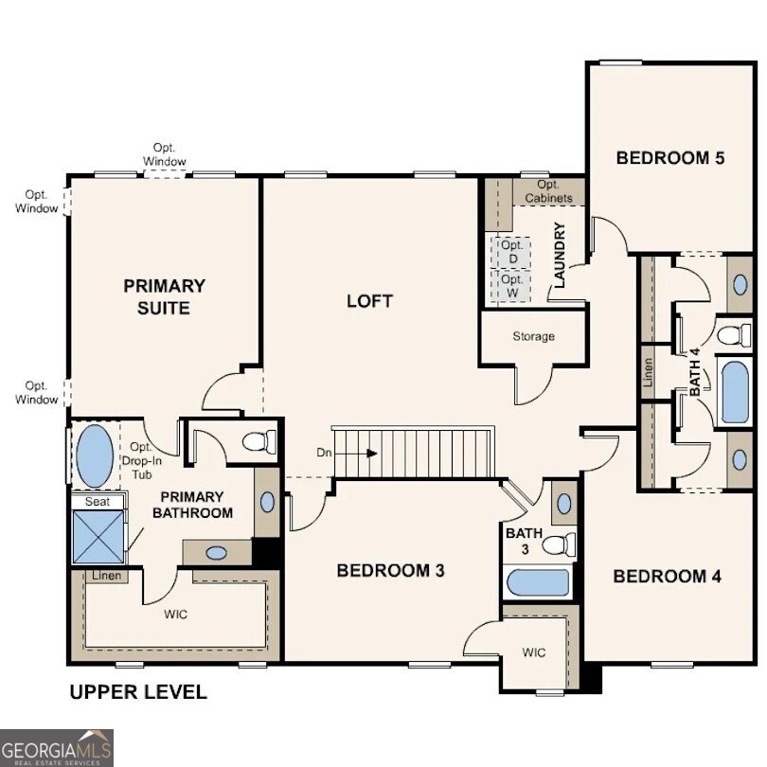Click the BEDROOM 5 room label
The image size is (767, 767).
(x=669, y=158)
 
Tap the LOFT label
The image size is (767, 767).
(x=369, y=301)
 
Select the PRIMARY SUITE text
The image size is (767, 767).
(x=164, y=296)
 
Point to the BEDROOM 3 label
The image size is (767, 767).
(x=391, y=570)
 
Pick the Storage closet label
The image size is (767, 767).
(x=533, y=336)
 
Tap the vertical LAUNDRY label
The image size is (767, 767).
(x=560, y=255)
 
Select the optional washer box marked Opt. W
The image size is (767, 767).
(x=512, y=286)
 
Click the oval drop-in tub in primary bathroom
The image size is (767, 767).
(x=93, y=455)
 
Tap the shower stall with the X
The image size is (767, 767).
(x=98, y=537)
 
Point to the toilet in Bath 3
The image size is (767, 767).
(x=562, y=544)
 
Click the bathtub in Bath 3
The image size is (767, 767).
(x=537, y=582)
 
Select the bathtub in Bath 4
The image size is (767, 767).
(x=736, y=389)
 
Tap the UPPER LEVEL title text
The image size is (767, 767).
(x=138, y=692)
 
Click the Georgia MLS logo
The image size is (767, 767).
(x=57, y=747)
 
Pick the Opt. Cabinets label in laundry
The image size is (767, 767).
(x=547, y=191)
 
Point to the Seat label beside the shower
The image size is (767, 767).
(x=97, y=502)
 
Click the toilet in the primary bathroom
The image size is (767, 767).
(x=259, y=441)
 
